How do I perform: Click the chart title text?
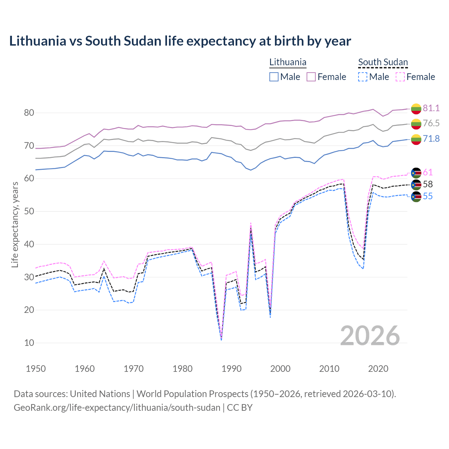pyautogui.click(x=180, y=41)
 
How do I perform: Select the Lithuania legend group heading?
pyautogui.click(x=288, y=62)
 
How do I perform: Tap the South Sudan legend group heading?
pyautogui.click(x=383, y=62)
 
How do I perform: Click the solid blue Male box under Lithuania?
pyautogui.click(x=274, y=77)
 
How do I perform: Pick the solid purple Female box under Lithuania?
pyautogui.click(x=311, y=77)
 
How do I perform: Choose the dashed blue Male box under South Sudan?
pyautogui.click(x=363, y=77)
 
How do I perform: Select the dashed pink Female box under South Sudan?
pyautogui.click(x=400, y=77)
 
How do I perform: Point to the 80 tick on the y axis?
pyautogui.click(x=29, y=113)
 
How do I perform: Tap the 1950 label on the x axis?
pyautogui.click(x=36, y=369)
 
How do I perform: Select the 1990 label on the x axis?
pyautogui.click(x=232, y=369)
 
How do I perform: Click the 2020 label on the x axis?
pyautogui.click(x=378, y=369)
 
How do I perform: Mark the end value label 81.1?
pyautogui.click(x=431, y=108)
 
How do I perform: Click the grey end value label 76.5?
pyautogui.click(x=431, y=123)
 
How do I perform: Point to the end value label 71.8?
pyautogui.click(x=431, y=139)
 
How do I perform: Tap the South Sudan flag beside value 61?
pyautogui.click(x=416, y=173)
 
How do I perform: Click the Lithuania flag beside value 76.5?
pyautogui.click(x=416, y=123)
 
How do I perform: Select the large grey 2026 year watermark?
pyautogui.click(x=370, y=336)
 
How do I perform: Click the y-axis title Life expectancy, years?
pyautogui.click(x=15, y=224)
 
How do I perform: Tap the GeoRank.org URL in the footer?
pyautogui.click(x=117, y=408)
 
